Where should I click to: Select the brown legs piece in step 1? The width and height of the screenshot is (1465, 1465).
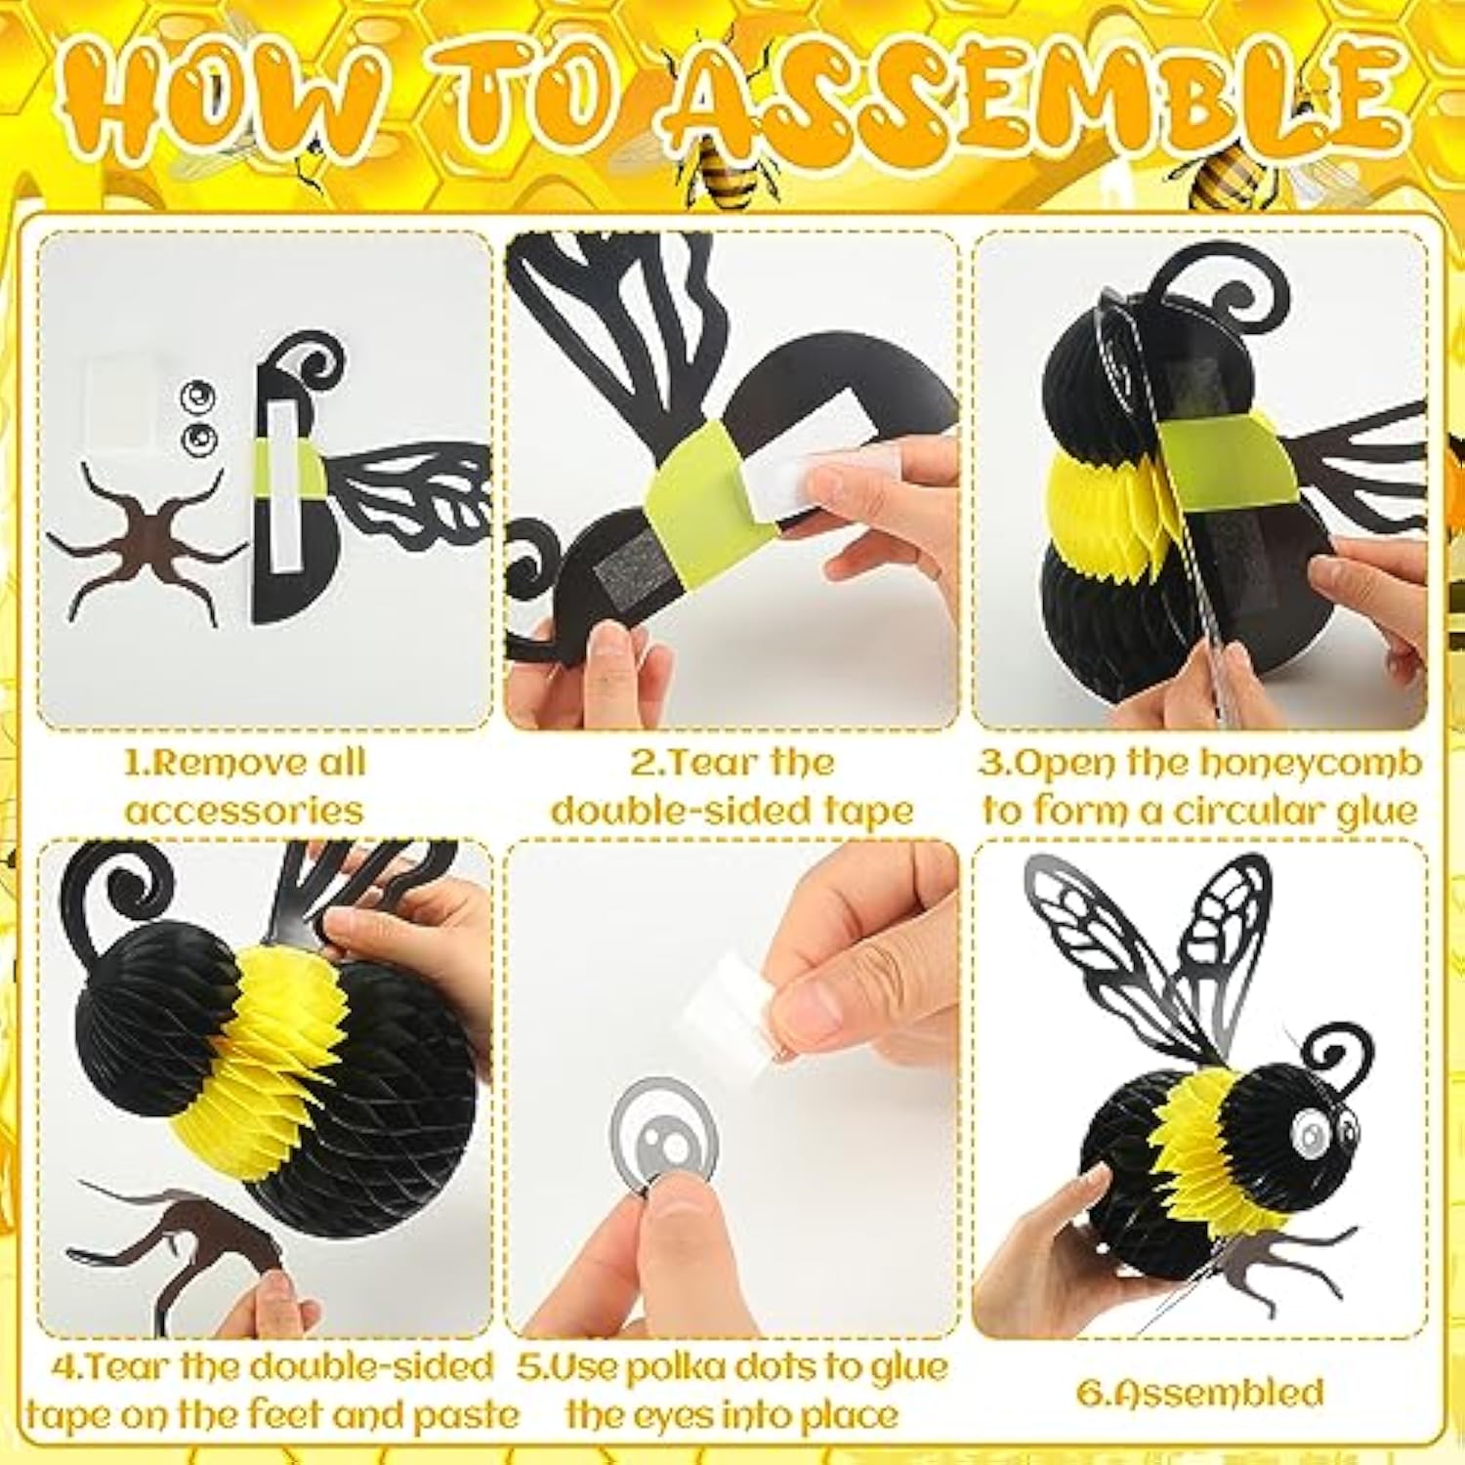coord(146,542)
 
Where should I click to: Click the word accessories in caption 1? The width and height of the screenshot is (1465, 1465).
coord(244,811)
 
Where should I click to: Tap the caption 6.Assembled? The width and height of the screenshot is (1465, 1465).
coord(1199,1392)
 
